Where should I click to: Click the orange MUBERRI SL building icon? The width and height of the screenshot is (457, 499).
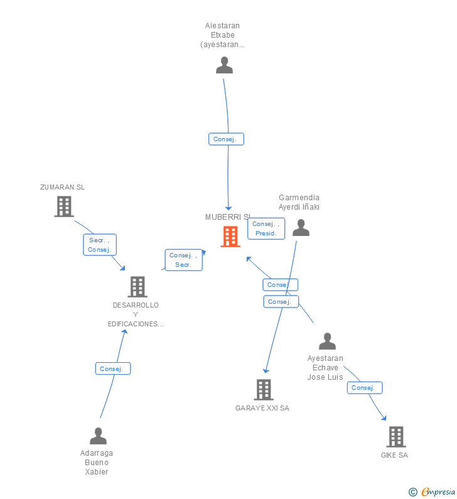point(230,237)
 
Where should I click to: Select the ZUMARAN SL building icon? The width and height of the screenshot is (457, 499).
point(63,207)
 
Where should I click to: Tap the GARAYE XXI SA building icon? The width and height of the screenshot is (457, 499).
point(263,390)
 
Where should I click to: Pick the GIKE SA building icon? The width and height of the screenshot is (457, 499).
point(395,437)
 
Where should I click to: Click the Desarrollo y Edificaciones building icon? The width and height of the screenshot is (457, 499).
point(137,287)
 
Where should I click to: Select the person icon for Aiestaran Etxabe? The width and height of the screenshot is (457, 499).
point(224,65)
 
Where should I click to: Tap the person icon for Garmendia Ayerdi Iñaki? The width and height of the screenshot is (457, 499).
point(301,228)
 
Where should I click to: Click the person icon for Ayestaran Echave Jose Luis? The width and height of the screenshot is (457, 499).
point(327,341)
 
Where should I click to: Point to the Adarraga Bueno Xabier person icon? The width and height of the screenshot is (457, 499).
point(98,436)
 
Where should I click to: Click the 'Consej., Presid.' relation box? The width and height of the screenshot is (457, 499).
point(266,228)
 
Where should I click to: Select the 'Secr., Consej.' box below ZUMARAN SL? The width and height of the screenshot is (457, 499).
point(100,245)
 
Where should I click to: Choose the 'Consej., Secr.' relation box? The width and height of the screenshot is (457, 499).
point(183,260)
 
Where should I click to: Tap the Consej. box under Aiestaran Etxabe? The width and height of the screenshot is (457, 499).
point(226,139)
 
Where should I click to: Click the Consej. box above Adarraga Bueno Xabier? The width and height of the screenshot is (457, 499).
point(113,368)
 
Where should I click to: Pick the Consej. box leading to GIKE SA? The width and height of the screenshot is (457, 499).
point(365,388)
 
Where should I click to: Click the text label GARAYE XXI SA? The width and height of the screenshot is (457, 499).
point(262,408)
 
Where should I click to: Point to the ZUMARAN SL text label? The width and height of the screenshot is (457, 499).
point(62,187)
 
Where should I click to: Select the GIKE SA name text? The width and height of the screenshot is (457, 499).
point(394,455)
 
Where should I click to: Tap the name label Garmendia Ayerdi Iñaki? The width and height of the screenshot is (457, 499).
point(299,202)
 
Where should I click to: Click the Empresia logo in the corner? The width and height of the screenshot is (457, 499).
point(433,491)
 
